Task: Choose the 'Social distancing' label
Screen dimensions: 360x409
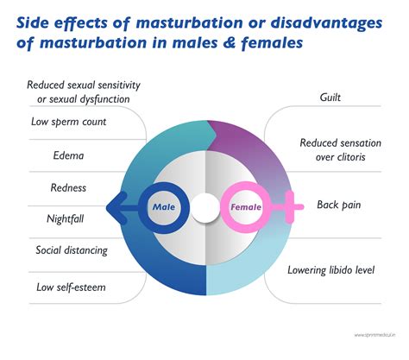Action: click(72, 250)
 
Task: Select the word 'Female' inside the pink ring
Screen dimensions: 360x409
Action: click(247, 207)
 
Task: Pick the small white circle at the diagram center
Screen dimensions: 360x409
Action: click(204, 207)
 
